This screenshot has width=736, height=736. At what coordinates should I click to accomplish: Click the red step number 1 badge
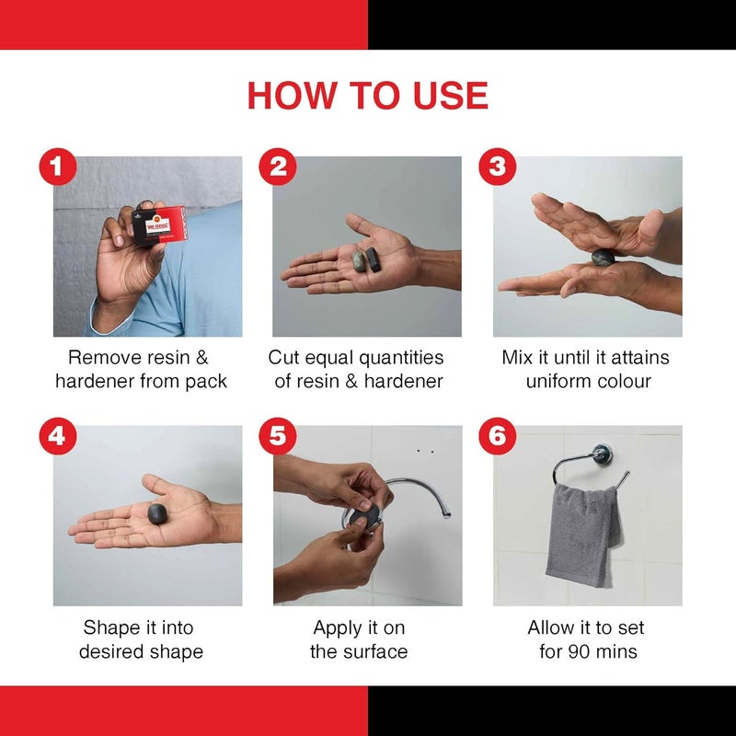[x=58, y=167]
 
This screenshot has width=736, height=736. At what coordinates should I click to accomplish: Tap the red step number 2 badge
[x=278, y=167]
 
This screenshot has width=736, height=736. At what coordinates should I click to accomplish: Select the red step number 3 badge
[x=497, y=167]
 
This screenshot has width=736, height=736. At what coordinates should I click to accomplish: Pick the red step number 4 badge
[x=58, y=436]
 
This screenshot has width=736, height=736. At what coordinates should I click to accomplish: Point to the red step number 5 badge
[x=278, y=436]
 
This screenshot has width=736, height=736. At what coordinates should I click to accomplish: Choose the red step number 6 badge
[x=497, y=436]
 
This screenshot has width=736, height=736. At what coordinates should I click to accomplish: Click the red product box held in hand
[x=159, y=225]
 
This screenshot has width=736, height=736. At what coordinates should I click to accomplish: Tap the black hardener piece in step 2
[x=373, y=259]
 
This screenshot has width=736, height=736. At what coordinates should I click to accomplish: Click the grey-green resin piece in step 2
[x=359, y=261]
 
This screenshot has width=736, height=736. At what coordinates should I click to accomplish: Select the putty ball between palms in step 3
[x=604, y=258]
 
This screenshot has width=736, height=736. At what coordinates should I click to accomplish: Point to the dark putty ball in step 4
[x=157, y=514]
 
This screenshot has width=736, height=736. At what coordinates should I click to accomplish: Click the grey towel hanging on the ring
[x=583, y=535]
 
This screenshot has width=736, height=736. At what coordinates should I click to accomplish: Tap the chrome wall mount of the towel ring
[x=602, y=454]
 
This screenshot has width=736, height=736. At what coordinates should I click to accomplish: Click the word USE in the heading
[x=451, y=96]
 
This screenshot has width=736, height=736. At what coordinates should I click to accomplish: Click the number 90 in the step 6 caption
[x=579, y=651]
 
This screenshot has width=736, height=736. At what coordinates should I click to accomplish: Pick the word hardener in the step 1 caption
[x=95, y=381]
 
